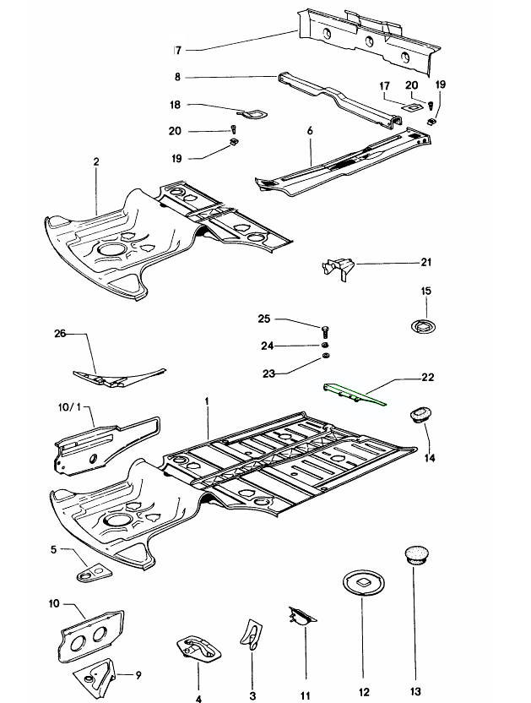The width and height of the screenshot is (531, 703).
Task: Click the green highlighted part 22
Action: pos(355,395)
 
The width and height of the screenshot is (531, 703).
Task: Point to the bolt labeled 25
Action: pos(325,328)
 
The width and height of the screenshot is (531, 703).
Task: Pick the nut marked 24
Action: pos(325,346)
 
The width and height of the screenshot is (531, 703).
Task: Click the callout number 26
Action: pos(59,335)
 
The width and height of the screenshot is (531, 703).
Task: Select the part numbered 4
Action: pos(198,649)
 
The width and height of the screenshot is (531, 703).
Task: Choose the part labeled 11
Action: pos(300,620)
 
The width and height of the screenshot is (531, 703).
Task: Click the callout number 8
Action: pos(177,77)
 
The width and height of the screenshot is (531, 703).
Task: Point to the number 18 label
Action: pos(175,106)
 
